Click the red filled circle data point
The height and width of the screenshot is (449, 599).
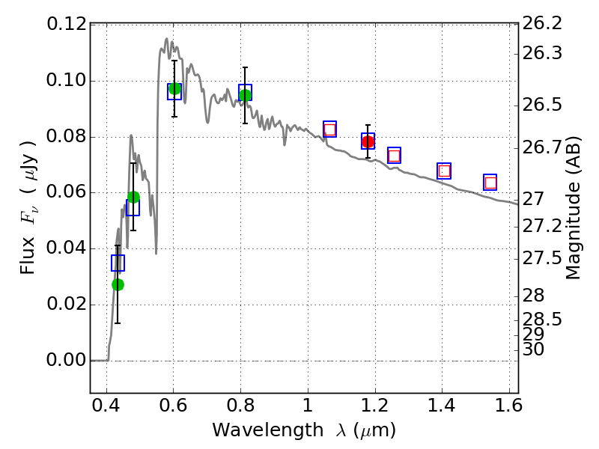pyautogui.click(x=368, y=141)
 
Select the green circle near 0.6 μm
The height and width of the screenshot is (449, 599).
pyautogui.click(x=174, y=89)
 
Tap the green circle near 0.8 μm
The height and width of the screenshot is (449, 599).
pyautogui.click(x=245, y=95)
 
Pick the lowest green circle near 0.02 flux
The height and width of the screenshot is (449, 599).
pyautogui.click(x=118, y=284)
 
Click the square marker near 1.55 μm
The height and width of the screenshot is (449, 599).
pyautogui.click(x=490, y=183)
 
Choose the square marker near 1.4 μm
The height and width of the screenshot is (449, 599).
pyautogui.click(x=444, y=171)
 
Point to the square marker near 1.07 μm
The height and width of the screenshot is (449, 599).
pyautogui.click(x=329, y=129)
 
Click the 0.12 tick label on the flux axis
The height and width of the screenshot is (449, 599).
pyautogui.click(x=65, y=25)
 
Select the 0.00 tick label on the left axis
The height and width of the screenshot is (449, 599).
pyautogui.click(x=65, y=361)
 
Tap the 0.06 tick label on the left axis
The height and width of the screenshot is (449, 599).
pyautogui.click(x=65, y=193)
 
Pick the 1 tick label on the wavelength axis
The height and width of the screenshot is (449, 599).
pyautogui.click(x=308, y=409)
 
